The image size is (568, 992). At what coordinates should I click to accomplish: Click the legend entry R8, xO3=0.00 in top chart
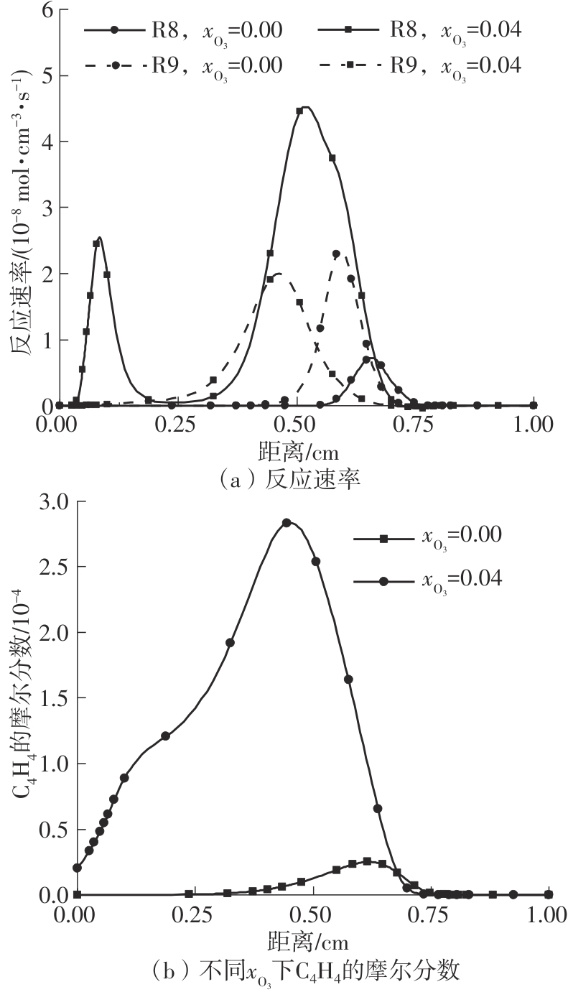tap(182, 30)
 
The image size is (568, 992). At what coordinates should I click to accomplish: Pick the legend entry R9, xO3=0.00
tap(182, 65)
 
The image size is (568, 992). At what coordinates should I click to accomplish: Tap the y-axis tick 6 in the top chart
tap(45, 10)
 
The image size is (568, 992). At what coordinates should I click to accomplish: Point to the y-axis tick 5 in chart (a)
tap(45, 76)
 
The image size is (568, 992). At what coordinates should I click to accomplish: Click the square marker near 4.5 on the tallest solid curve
tap(299, 111)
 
